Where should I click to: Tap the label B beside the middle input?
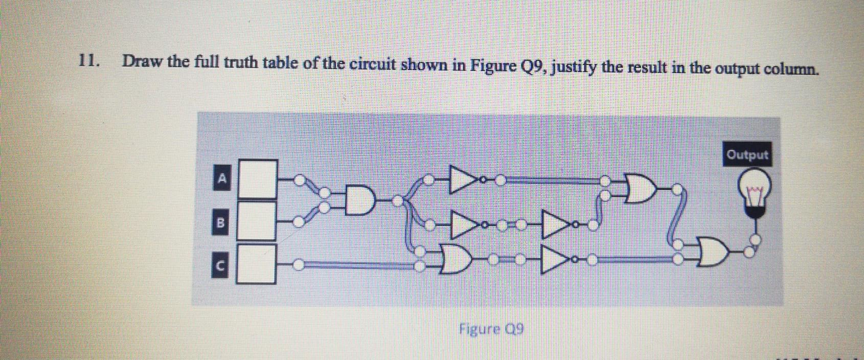[x=221, y=222]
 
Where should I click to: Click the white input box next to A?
[x=258, y=179]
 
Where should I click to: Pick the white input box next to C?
[x=258, y=264]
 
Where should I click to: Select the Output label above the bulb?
[x=747, y=154]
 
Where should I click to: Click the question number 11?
[x=88, y=61]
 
